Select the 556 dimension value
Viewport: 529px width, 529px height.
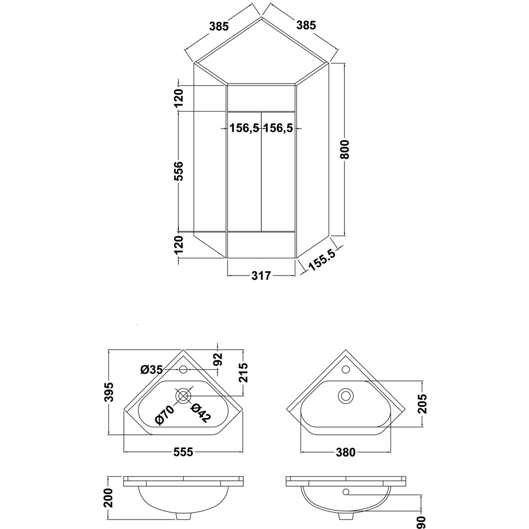179,171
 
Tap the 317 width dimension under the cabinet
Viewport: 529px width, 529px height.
261,276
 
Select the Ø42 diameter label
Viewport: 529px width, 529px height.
200,413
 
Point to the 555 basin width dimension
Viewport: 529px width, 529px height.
183,452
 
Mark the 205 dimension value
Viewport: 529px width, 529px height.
422,404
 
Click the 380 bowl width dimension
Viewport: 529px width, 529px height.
345,452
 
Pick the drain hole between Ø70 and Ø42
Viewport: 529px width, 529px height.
184,395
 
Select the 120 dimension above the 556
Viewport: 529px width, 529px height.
179,98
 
